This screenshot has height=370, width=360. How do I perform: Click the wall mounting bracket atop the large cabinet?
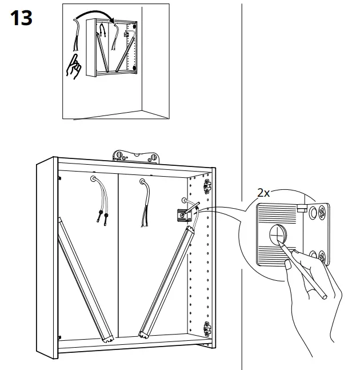135,156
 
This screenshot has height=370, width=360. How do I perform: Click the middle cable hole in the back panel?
142,183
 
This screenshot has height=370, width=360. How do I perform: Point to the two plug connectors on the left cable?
104,217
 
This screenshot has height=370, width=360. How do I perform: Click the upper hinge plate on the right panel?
207,184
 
